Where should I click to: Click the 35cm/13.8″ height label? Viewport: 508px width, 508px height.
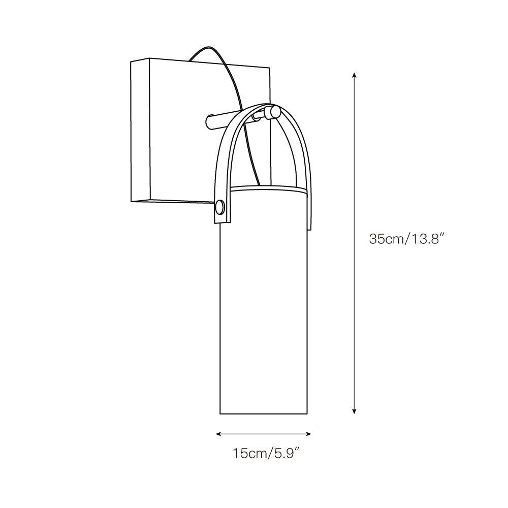click(407, 239)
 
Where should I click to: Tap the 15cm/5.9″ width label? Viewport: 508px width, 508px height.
click(264, 453)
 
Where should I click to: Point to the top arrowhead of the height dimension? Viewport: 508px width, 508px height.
click(354, 75)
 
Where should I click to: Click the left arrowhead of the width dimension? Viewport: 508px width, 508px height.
click(218, 434)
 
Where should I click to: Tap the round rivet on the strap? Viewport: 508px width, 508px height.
click(219, 207)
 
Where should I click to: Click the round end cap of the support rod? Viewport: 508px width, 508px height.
click(275, 112)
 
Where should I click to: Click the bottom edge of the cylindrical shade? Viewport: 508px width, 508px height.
click(264, 413)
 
